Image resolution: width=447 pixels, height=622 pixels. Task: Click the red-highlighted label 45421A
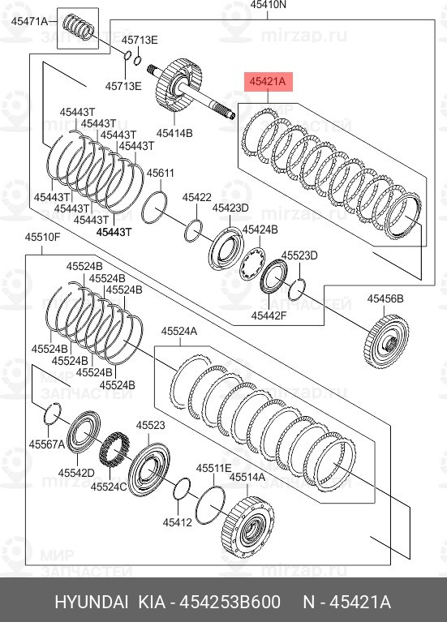click(268, 82)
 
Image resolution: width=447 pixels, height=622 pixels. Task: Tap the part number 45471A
click(29, 21)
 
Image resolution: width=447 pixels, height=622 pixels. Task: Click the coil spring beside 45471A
click(79, 27)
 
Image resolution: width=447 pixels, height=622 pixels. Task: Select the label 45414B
click(174, 133)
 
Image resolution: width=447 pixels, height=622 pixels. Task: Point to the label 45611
click(161, 174)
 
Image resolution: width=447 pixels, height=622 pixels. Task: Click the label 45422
click(197, 197)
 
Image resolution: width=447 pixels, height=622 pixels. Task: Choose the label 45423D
click(230, 208)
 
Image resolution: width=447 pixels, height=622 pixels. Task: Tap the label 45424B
click(260, 229)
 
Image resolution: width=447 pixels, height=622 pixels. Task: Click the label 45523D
click(299, 255)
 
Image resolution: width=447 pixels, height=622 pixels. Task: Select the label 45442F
click(269, 315)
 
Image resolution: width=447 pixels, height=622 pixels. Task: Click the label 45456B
click(385, 298)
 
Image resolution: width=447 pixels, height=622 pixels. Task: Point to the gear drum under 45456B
click(386, 341)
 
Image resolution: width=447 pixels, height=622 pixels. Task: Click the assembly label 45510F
click(42, 238)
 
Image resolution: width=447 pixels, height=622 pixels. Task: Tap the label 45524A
click(179, 331)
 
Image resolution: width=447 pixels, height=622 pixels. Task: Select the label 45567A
click(47, 444)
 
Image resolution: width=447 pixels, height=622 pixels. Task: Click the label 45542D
click(76, 473)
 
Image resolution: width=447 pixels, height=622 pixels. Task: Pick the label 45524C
click(109, 487)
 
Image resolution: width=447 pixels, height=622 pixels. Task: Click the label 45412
click(178, 522)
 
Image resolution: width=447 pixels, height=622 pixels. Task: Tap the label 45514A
click(247, 477)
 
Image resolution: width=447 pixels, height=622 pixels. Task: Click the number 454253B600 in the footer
click(230, 602)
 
